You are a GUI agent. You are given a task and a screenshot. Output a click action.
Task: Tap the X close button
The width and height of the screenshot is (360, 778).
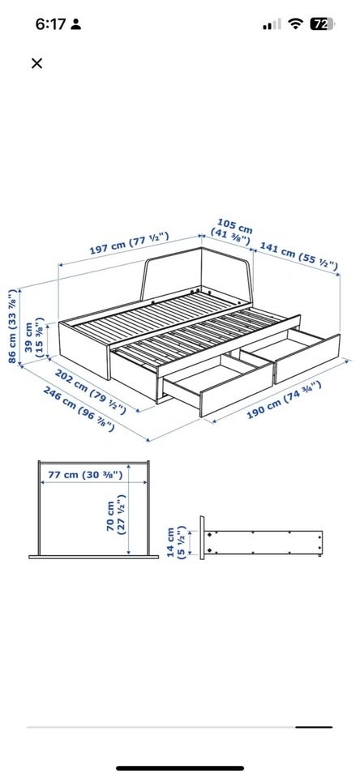[x=36, y=63]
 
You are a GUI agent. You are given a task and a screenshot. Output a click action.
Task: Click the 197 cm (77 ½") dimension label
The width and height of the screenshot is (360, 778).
[x=129, y=242]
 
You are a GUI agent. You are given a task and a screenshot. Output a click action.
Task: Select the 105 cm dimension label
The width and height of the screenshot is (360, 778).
[x=232, y=230]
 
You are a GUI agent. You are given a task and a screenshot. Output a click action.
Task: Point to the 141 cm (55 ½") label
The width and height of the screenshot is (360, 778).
[x=299, y=258]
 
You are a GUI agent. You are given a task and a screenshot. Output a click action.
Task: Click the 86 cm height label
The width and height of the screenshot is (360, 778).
[x=14, y=326]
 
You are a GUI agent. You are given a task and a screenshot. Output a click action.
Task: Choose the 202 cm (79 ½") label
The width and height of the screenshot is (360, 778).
[x=90, y=391]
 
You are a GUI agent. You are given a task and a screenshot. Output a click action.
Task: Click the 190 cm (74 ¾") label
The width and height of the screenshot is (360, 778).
[x=285, y=400]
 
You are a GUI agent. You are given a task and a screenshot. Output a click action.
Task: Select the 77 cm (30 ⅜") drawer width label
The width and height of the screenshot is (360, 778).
[x=85, y=475]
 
